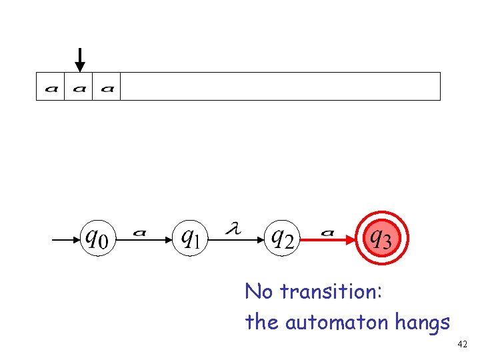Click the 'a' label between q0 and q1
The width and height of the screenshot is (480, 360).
139,233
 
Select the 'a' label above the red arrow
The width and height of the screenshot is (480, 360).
327,233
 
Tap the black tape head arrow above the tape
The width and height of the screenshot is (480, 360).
80,59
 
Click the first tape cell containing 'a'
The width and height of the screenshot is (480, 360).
51,87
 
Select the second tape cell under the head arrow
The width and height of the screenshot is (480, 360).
79,87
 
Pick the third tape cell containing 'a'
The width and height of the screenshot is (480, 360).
107,87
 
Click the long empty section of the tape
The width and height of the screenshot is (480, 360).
280,86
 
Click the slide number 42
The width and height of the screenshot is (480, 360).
463,345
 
